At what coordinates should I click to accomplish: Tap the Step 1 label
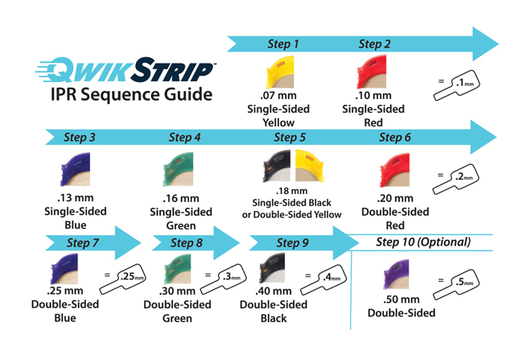[x=282, y=44]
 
